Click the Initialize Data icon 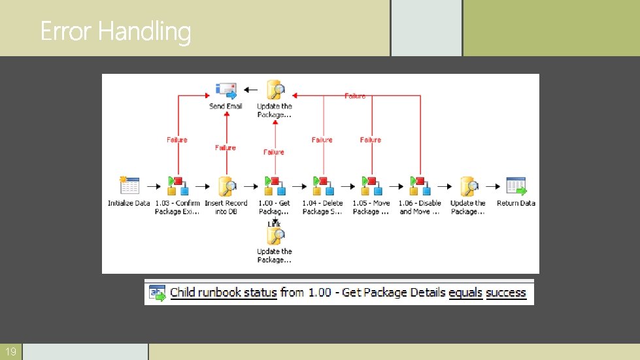coord(129,186)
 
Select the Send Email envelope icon coord(226,90)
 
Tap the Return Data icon coord(516,186)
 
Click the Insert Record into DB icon coord(226,186)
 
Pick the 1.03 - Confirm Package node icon coord(177,186)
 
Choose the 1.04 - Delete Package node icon coord(322,186)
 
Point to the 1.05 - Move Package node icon coord(371,186)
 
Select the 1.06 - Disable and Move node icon coord(420,186)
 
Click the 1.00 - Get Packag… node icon coord(274,186)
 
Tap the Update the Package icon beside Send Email coord(275,90)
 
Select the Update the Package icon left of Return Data coord(468,186)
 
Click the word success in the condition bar coord(506,293)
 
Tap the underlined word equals coord(465,293)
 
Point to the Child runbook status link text coord(223,293)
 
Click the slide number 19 coord(11,352)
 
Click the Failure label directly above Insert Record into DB coord(226,148)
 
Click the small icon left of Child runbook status coord(158,293)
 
